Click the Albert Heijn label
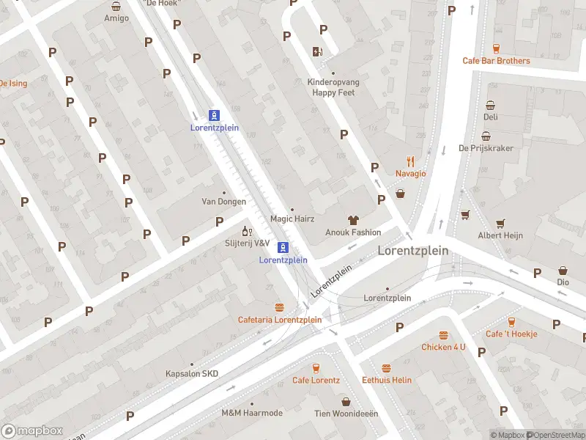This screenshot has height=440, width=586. pyautogui.click(x=500, y=236)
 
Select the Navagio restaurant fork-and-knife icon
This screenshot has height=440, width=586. pyautogui.click(x=410, y=162)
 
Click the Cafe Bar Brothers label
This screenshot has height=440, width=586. pyautogui.click(x=496, y=61)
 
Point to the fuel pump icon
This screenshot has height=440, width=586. pyautogui.click(x=317, y=51)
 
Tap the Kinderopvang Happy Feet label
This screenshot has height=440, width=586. pyautogui.click(x=333, y=88)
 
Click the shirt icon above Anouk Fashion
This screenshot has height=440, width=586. pyautogui.click(x=353, y=220)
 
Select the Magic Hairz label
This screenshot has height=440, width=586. pyautogui.click(x=292, y=219)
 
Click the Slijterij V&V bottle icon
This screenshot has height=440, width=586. pyautogui.click(x=247, y=232)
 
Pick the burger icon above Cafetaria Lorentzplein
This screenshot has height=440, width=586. pyautogui.click(x=279, y=307)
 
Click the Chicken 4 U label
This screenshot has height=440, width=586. pyautogui.click(x=442, y=347)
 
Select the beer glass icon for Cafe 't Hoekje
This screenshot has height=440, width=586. pyautogui.click(x=511, y=322)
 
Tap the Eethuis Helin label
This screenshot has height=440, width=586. pyautogui.click(x=387, y=380)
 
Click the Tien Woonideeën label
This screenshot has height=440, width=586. pyautogui.click(x=346, y=414)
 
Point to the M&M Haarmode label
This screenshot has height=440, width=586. pyautogui.click(x=251, y=414)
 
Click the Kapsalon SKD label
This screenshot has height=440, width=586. pyautogui.click(x=191, y=374)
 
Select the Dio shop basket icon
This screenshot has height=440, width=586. pyautogui.click(x=563, y=271)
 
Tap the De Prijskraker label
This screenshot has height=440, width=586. pyautogui.click(x=486, y=148)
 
